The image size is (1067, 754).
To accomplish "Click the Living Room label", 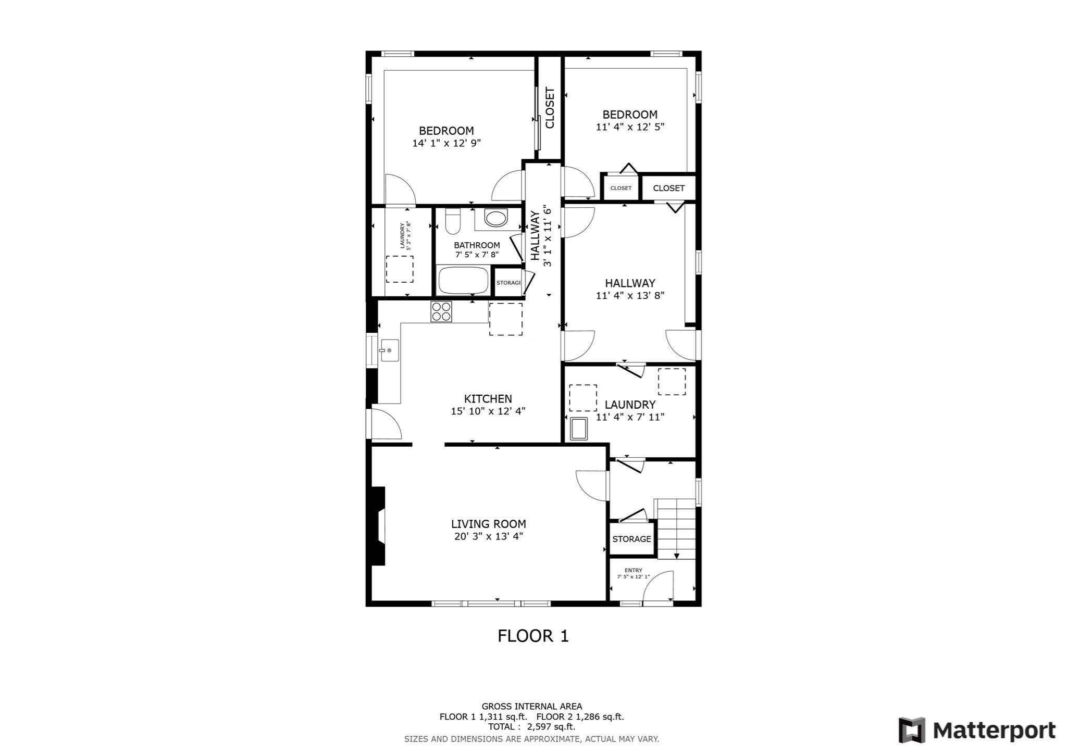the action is pyautogui.click(x=488, y=524).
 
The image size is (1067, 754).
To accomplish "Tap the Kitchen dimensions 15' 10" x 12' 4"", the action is pyautogui.click(x=488, y=411).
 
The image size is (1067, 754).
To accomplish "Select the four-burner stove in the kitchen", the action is pyautogui.click(x=441, y=311).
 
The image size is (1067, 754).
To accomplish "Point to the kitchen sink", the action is pyautogui.click(x=389, y=350).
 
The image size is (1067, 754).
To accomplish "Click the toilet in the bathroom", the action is pyautogui.click(x=452, y=221).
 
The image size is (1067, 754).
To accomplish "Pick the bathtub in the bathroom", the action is pyautogui.click(x=464, y=281).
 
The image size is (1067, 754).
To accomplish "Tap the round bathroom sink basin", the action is pyautogui.click(x=495, y=218).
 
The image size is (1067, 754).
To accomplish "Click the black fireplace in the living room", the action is pyautogui.click(x=378, y=526).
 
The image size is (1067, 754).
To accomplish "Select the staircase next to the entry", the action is pyautogui.click(x=675, y=529).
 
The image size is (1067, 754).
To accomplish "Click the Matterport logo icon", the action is pyautogui.click(x=912, y=730).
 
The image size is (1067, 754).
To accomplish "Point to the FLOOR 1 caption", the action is pyautogui.click(x=533, y=636).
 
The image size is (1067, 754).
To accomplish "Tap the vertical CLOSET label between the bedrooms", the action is pyautogui.click(x=550, y=108).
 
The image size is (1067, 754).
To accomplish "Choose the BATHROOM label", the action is pyautogui.click(x=477, y=245).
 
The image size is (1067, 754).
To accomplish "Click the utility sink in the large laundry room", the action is pyautogui.click(x=579, y=429).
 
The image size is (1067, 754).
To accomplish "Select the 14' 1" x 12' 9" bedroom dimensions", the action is pyautogui.click(x=446, y=143).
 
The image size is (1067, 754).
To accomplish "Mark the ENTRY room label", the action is pyautogui.click(x=634, y=570).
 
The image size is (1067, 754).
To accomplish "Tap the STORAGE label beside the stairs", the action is pyautogui.click(x=631, y=539).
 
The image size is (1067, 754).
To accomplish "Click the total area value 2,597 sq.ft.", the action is pyautogui.click(x=551, y=727).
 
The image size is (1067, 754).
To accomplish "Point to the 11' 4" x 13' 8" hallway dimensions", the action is pyautogui.click(x=630, y=295).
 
